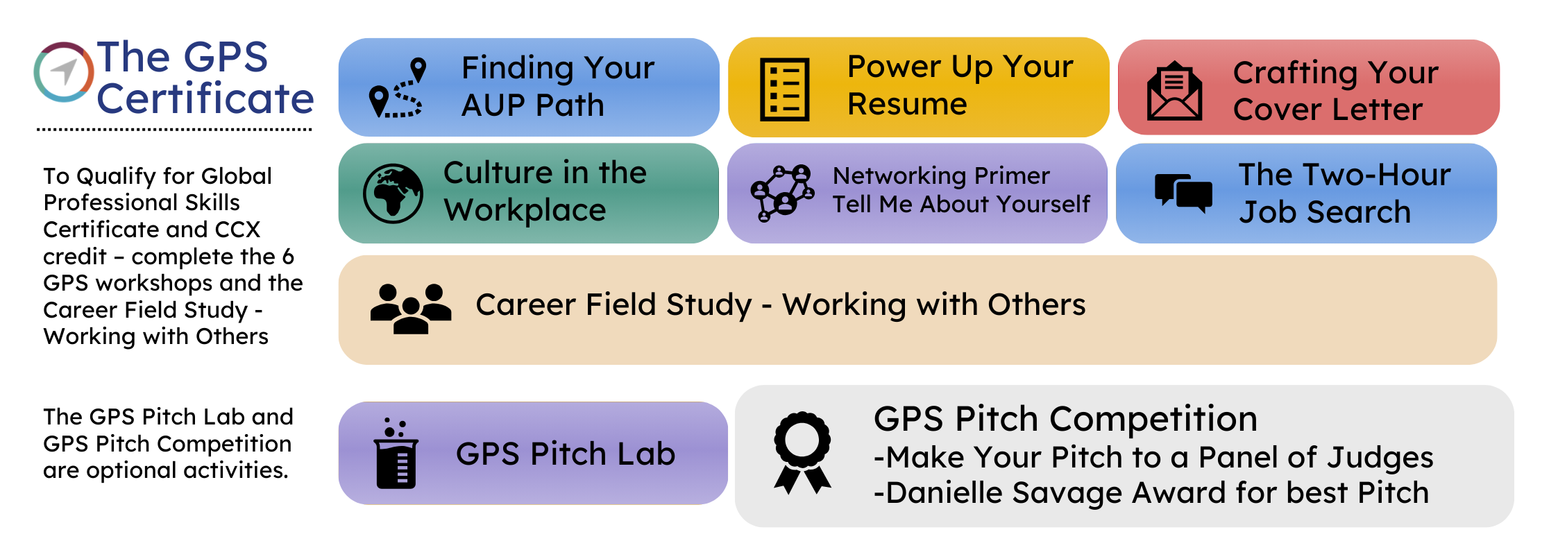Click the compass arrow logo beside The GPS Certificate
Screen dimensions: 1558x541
coord(64,72)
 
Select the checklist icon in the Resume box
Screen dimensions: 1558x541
coord(784,89)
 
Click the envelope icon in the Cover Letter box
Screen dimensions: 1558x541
coord(1174,91)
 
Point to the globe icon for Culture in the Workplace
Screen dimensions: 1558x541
coord(393,194)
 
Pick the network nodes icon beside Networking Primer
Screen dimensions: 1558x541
coord(782,193)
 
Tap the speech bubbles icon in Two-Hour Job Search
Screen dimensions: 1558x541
coord(1183,193)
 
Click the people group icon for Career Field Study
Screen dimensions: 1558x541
coord(411,309)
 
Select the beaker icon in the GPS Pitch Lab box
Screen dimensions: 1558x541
coord(396,454)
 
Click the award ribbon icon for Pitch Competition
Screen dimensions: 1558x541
coord(802,452)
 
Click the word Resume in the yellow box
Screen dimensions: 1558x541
coord(907,105)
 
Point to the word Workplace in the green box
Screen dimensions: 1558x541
coord(525,211)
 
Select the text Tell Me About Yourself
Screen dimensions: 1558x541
coord(961,204)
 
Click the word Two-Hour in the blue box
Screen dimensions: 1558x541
coord(1345,175)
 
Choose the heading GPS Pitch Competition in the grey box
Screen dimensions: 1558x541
coord(1065,420)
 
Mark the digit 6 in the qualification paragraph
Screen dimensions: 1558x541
coord(288,257)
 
